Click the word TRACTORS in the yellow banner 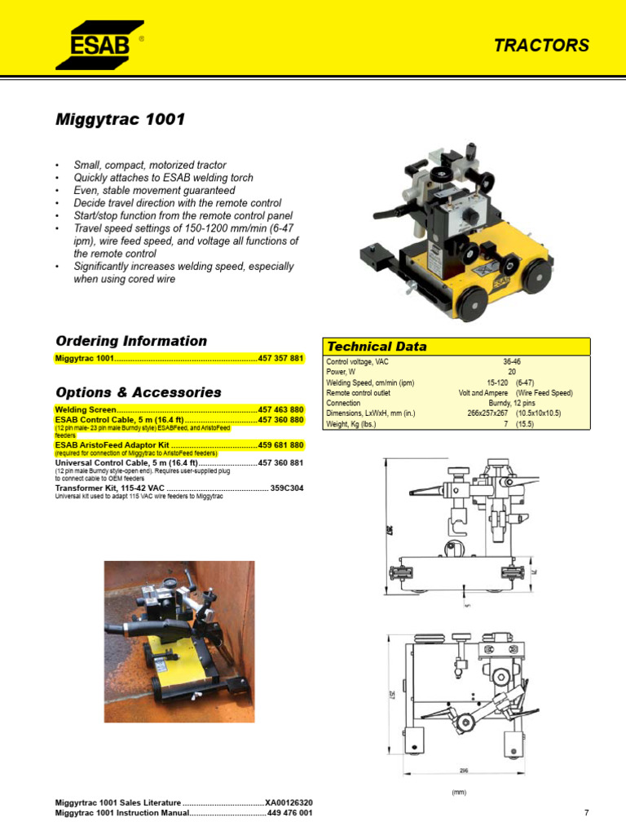(541, 46)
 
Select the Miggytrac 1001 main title (120, 120)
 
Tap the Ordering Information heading (130, 341)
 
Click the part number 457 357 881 (280, 359)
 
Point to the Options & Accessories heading (138, 392)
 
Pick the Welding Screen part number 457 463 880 (280, 409)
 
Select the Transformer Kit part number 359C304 (287, 488)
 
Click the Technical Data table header (376, 347)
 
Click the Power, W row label (343, 371)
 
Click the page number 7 (586, 813)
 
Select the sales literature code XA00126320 (289, 803)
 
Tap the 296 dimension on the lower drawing (462, 770)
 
